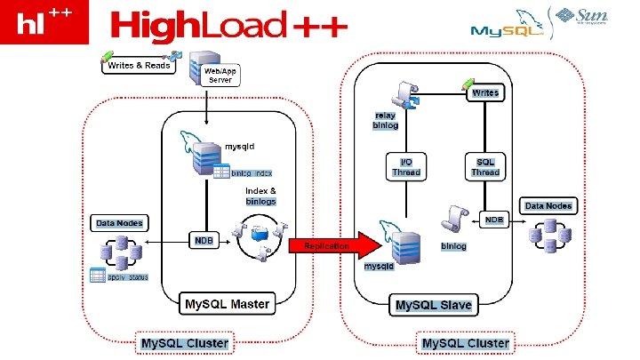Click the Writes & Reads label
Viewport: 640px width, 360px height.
(140, 66)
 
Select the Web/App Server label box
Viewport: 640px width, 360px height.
(220, 75)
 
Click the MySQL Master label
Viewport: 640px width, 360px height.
(227, 305)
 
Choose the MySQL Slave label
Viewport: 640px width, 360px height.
(434, 305)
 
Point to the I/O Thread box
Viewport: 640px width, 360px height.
(406, 167)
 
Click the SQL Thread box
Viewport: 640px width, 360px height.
(485, 167)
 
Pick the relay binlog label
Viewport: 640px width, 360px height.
(385, 121)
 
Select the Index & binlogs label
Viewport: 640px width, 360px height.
(260, 196)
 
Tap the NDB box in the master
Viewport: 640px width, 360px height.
(204, 241)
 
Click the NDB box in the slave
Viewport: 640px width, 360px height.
(494, 219)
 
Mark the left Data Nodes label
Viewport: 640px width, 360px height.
(119, 222)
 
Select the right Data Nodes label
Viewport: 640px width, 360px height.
(548, 206)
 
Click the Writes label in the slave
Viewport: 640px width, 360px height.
(485, 92)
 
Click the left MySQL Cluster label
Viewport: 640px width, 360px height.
(184, 343)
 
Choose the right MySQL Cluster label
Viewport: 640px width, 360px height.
(465, 343)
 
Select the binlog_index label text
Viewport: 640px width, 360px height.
(252, 172)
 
